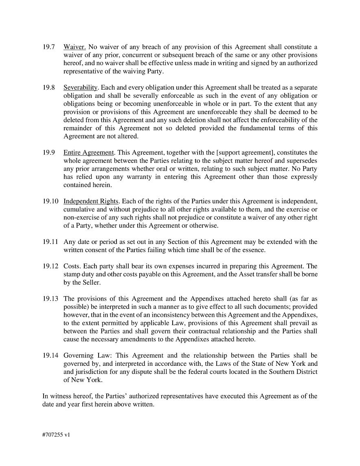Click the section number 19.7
tap(48, 47)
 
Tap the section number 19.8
tap(48, 88)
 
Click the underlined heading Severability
tap(81, 88)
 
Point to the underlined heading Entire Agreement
tap(89, 153)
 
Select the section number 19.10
tap(50, 201)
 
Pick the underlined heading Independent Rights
tap(91, 201)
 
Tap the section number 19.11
tap(50, 242)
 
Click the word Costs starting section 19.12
tap(72, 266)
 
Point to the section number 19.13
tap(50, 299)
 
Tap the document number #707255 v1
tap(56, 435)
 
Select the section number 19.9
tap(48, 153)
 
